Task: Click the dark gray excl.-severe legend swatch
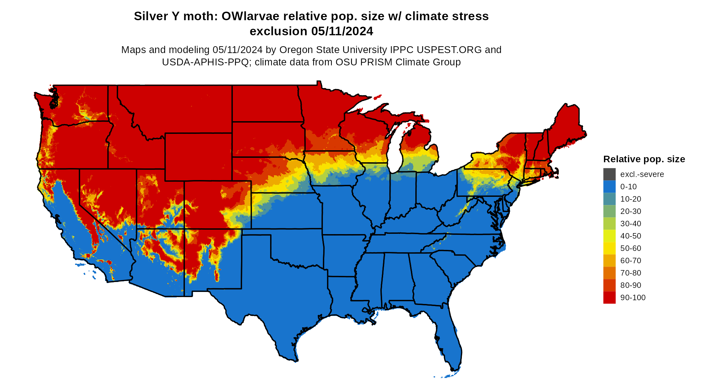(609, 174)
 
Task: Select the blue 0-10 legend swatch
(609, 187)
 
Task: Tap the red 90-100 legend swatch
(609, 297)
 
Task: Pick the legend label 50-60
(631, 248)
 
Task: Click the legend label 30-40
(631, 224)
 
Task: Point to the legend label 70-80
(631, 273)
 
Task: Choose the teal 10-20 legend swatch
(609, 199)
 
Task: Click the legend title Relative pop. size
(644, 159)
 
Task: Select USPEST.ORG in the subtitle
(449, 50)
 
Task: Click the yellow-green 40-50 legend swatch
(609, 236)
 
